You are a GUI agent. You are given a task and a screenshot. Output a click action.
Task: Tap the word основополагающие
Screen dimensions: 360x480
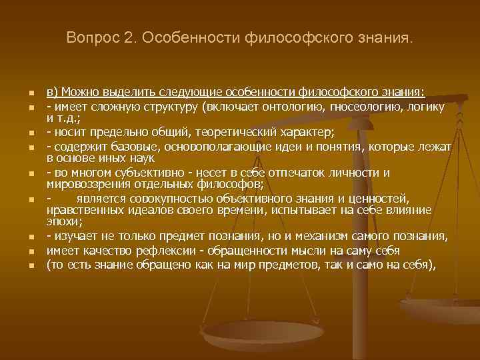tap(245, 146)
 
